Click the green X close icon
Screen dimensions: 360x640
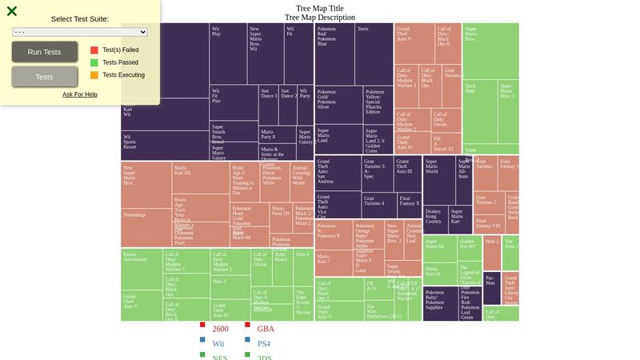coord(12,11)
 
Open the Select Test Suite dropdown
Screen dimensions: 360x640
coord(80,32)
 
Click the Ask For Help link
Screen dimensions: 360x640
coord(80,94)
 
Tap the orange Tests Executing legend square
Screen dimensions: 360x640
coord(94,75)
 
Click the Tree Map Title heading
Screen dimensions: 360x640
coord(319,9)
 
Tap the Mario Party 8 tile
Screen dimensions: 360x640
coord(277,134)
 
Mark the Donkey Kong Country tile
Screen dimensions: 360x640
coord(434,220)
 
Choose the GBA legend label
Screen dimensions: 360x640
coord(266,329)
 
